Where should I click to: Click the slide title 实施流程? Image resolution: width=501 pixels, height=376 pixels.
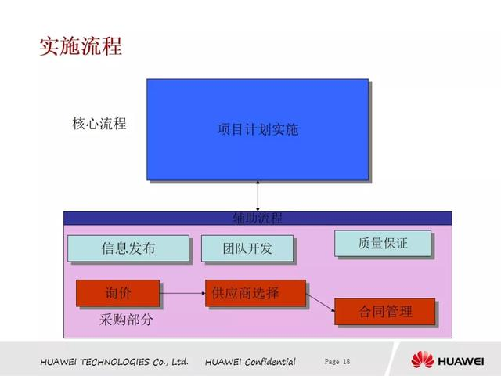[x=81, y=45]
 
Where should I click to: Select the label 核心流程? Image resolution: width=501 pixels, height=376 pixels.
[x=99, y=124]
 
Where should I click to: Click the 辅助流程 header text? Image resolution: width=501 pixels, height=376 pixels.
[x=258, y=218]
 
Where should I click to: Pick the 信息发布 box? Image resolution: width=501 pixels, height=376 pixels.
[x=128, y=248]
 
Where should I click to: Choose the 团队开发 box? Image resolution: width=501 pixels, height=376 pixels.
[x=247, y=248]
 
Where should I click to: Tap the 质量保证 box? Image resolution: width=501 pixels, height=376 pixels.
[x=383, y=243]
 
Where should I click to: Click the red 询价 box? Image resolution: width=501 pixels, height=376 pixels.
[x=117, y=293]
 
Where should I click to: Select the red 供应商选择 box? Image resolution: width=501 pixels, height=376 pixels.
[x=246, y=293]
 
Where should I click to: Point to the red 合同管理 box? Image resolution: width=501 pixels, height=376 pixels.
[x=384, y=311]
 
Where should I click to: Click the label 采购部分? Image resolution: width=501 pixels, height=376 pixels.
[x=127, y=320]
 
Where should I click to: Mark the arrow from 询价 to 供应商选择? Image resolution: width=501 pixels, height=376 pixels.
[x=182, y=294]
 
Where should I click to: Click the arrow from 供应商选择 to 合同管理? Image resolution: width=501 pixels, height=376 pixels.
[x=319, y=302]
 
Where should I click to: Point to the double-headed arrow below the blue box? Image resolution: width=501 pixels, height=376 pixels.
[x=258, y=196]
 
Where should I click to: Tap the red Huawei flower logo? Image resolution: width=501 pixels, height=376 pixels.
[x=424, y=360]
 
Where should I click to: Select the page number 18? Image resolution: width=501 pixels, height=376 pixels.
[x=347, y=361]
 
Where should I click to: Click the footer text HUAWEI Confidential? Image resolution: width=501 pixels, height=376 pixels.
[x=250, y=362]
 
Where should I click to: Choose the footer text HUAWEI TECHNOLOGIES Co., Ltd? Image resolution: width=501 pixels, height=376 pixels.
[x=114, y=362]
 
